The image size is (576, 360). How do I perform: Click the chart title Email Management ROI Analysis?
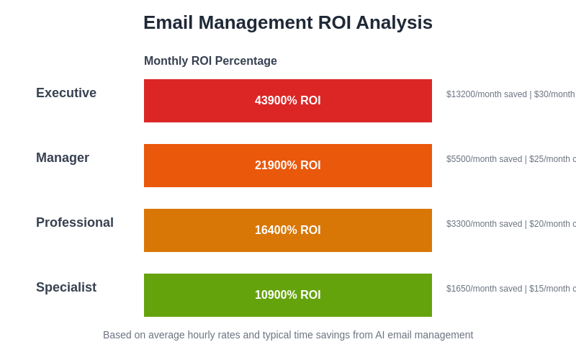pos(287,23)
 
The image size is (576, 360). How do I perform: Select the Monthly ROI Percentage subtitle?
pos(210,61)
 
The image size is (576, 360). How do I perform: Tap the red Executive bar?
pos(202,101)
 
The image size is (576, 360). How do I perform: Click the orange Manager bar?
pos(202,166)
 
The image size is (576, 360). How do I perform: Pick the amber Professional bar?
pos(202,230)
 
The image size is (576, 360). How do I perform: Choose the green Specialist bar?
pos(202,295)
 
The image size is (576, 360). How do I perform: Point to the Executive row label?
pos(66,93)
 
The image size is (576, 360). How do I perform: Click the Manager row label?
pos(63,158)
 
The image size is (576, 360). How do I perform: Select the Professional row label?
pos(75,222)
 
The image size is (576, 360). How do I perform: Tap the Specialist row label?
pos(66,287)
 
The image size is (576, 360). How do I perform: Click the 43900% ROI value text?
pos(288,101)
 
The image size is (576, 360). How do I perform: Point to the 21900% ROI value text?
pos(288,166)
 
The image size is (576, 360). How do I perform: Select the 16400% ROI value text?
pos(288,230)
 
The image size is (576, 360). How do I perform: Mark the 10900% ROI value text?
pos(288,295)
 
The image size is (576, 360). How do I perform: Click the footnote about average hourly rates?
pos(288,335)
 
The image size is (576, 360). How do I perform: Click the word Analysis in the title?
pos(394,23)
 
